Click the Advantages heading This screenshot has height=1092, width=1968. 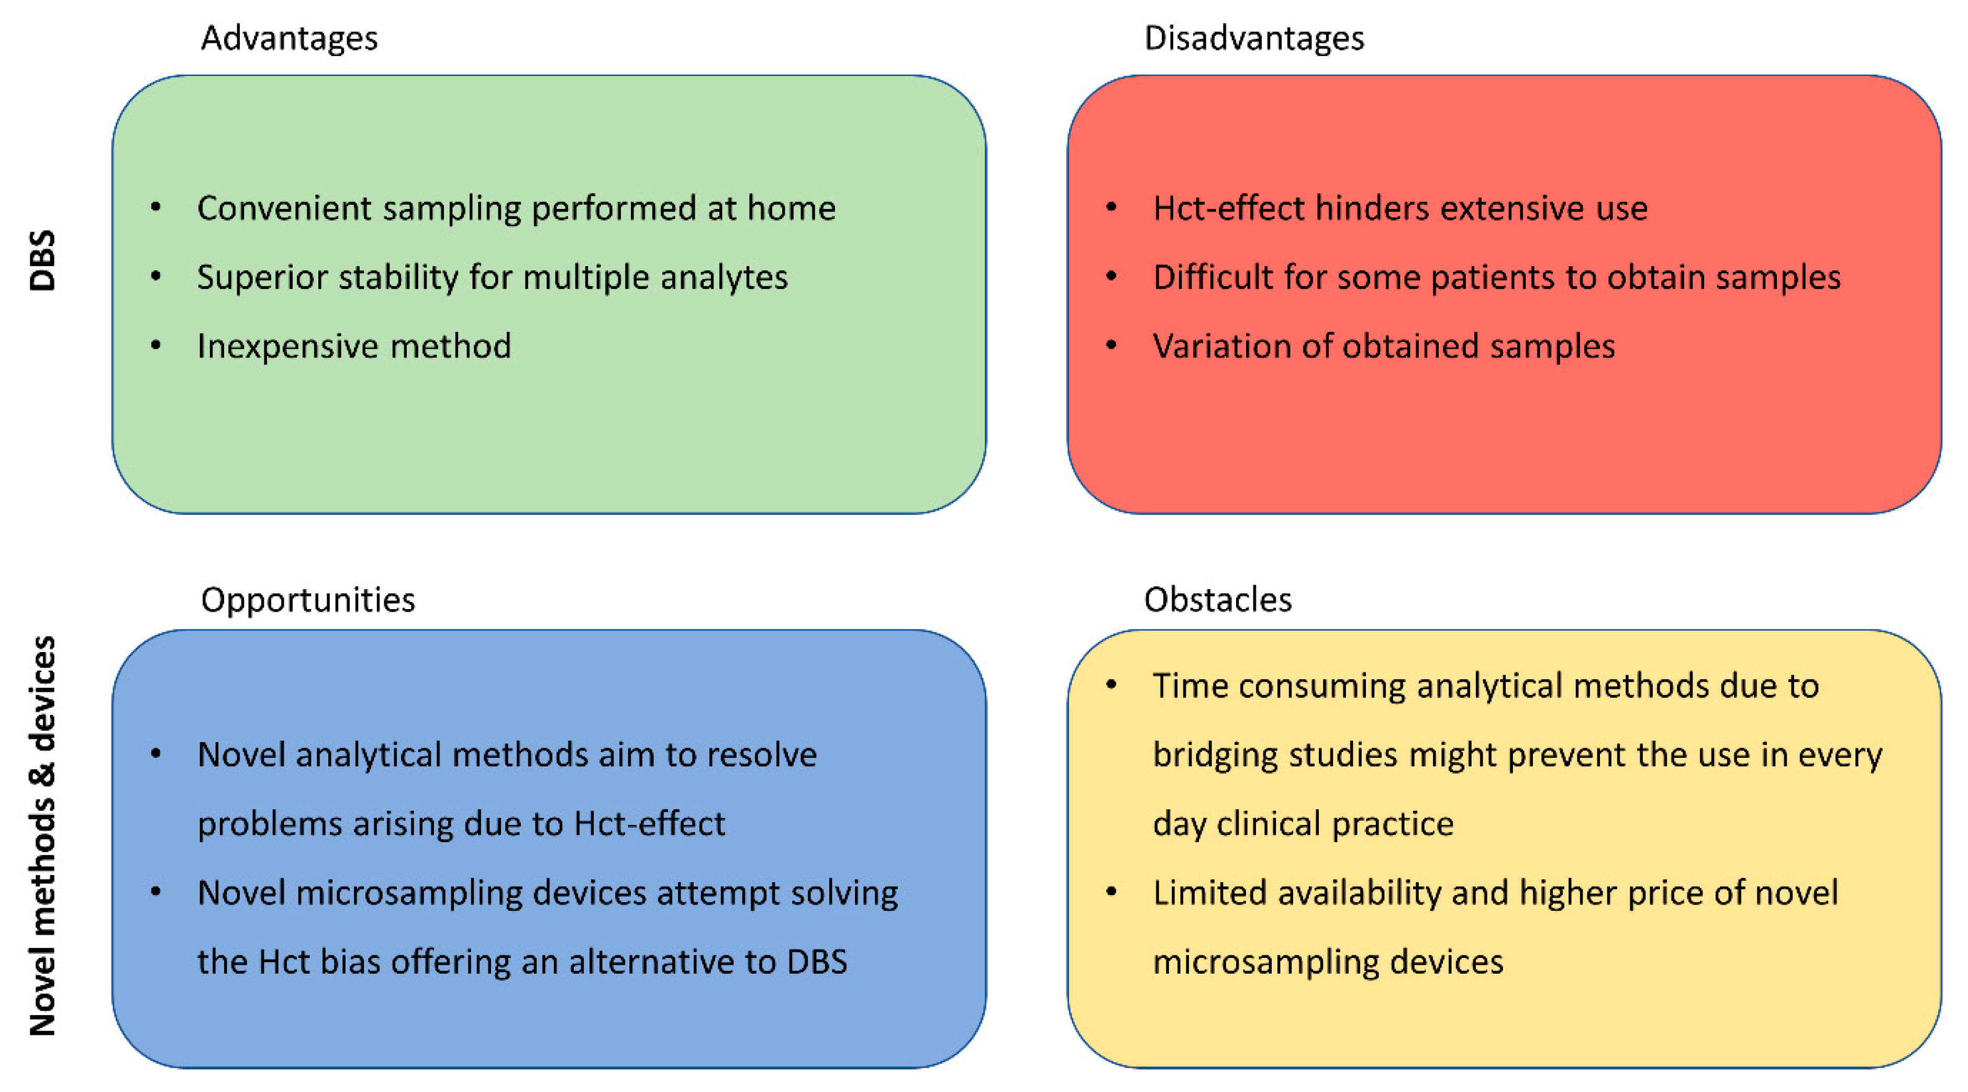coord(289,38)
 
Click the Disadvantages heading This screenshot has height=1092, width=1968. coord(1254,38)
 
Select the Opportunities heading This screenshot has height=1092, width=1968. coord(308,600)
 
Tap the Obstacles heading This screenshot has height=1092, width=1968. coord(1218,600)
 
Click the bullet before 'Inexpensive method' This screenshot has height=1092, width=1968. coord(156,345)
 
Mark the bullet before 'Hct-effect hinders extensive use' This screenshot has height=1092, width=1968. coord(1111,206)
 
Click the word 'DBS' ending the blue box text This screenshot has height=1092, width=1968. coord(817,962)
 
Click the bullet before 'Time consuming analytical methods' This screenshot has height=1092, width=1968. coord(1111,685)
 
